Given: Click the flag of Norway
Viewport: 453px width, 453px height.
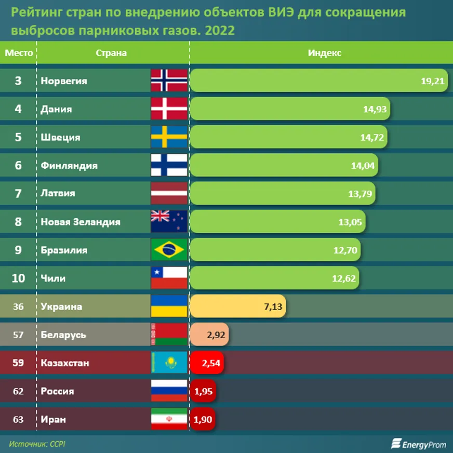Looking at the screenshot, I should coord(169,81).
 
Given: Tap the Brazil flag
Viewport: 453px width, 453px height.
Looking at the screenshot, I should coord(169,250).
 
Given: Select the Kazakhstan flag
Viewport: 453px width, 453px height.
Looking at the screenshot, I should coord(169,363).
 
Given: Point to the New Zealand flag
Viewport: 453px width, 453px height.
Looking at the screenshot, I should coord(169,222).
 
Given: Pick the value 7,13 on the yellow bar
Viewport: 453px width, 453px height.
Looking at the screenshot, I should coord(273,307).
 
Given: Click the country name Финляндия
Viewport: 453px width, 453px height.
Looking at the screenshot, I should coord(69,166).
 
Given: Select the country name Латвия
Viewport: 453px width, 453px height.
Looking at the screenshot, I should coord(58,193).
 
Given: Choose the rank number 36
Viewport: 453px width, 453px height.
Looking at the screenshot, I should coord(18,307).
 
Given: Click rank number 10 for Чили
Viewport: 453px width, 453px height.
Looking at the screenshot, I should coord(18,278).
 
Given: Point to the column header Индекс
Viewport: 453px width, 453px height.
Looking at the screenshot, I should coord(325,52).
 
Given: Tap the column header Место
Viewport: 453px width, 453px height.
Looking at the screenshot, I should coord(19,52).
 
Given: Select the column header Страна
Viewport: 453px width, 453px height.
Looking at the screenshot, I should coord(111,52).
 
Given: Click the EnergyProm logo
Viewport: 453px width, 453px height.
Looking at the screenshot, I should coord(418,444).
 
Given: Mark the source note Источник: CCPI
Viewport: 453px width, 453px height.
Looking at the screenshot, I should coord(37,444).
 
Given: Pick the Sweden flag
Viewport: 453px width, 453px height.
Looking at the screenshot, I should coord(169,137).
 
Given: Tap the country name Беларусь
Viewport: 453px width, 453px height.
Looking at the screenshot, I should coord(63,335).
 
